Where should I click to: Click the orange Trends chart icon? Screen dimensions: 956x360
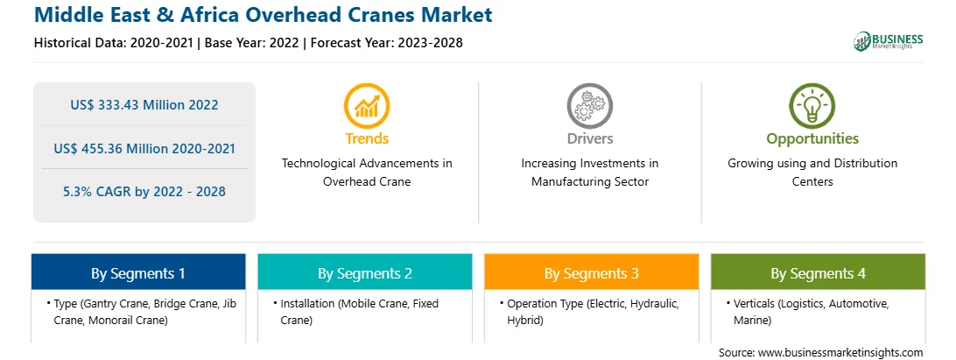tap(367, 106)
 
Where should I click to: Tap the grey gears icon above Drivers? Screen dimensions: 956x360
tap(589, 106)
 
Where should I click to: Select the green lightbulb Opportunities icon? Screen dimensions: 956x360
tap(812, 106)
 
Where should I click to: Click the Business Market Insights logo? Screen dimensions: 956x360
tap(889, 41)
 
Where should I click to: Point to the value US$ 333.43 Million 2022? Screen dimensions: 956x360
tap(144, 104)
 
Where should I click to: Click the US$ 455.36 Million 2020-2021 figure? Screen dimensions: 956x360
tap(144, 148)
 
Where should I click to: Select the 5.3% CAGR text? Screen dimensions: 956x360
tap(144, 192)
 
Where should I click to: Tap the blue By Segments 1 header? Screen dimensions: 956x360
tap(138, 272)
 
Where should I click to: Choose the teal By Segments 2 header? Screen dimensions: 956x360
tap(364, 272)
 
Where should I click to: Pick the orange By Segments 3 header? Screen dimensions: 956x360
tap(592, 272)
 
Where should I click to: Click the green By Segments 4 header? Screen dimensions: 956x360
tap(819, 272)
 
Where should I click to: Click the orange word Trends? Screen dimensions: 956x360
tap(367, 138)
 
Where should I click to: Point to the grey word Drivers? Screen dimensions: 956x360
tap(589, 138)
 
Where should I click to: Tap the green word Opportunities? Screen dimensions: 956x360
tap(812, 139)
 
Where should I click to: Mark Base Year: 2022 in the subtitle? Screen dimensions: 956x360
tap(252, 43)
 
